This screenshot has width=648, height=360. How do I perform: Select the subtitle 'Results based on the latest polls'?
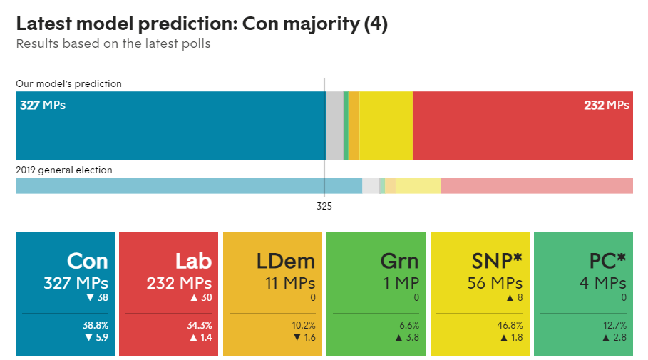(x=113, y=44)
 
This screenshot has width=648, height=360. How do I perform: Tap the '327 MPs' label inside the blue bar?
(x=43, y=106)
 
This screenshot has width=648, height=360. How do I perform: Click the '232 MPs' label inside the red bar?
(x=607, y=106)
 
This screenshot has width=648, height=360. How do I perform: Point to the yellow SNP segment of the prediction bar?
(x=386, y=125)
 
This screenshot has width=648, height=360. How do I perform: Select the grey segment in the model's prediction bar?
(x=334, y=125)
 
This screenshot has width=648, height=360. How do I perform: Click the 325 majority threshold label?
(x=324, y=206)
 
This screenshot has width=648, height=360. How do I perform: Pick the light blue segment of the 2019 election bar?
(x=188, y=185)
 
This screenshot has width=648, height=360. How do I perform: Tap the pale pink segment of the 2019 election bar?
(x=537, y=185)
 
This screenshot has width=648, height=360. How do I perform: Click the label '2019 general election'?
(x=64, y=170)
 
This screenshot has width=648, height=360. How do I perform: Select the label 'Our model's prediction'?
(x=68, y=83)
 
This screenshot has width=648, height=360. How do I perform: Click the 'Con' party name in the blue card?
(x=88, y=261)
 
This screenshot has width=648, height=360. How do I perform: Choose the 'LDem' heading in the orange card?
(x=285, y=261)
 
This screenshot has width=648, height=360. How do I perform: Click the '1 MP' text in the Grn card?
(x=401, y=283)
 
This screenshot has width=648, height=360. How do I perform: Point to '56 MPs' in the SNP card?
(x=495, y=283)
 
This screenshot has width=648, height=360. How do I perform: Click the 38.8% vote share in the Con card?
(x=96, y=325)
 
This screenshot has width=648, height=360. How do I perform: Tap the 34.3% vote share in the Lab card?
(x=199, y=325)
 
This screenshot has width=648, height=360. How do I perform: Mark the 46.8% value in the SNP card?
(x=510, y=325)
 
